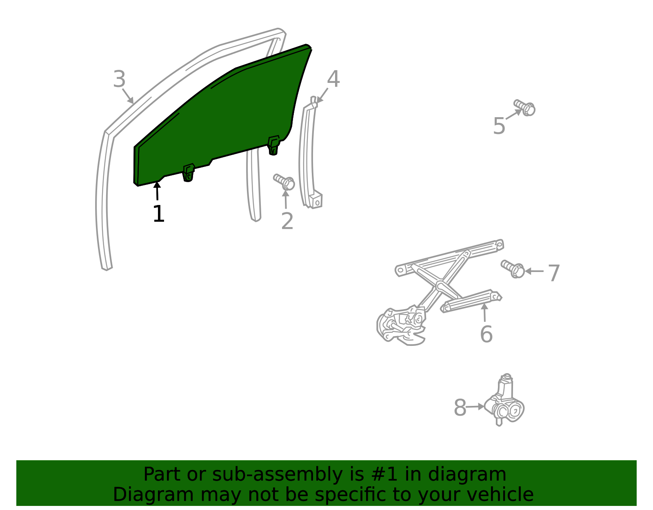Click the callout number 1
click(x=159, y=214)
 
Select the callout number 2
click(x=287, y=221)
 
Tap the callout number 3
click(x=119, y=79)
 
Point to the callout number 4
click(x=333, y=79)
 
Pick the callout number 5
click(x=499, y=126)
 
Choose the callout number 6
click(x=486, y=334)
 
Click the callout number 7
click(x=554, y=273)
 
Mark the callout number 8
click(x=460, y=408)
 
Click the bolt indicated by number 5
click(x=525, y=107)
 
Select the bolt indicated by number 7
click(x=513, y=269)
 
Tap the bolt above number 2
click(x=284, y=182)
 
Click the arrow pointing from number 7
click(x=534, y=271)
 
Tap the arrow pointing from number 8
click(x=475, y=407)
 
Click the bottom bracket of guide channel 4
click(x=315, y=200)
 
